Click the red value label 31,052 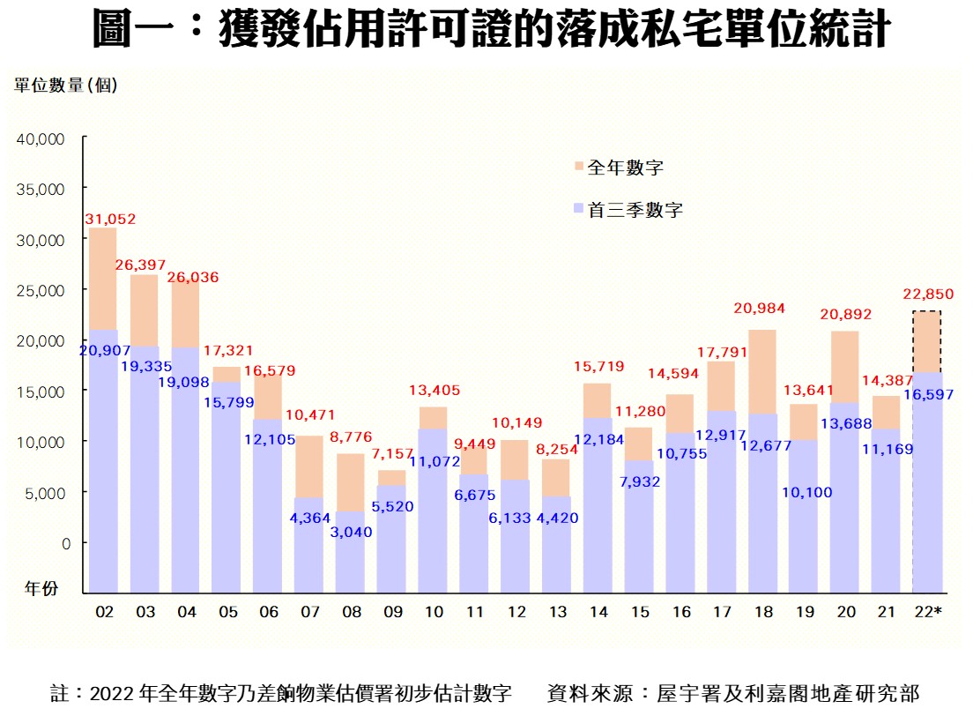110,219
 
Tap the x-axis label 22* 927,612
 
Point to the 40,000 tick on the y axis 41,138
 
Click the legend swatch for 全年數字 578,167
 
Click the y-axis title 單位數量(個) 65,85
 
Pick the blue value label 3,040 350,532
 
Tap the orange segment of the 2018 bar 761,371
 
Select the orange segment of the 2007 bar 308,466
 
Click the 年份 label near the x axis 41,588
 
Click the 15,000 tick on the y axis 41,391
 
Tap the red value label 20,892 843,313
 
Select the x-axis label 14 598,612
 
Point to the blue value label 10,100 804,492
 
